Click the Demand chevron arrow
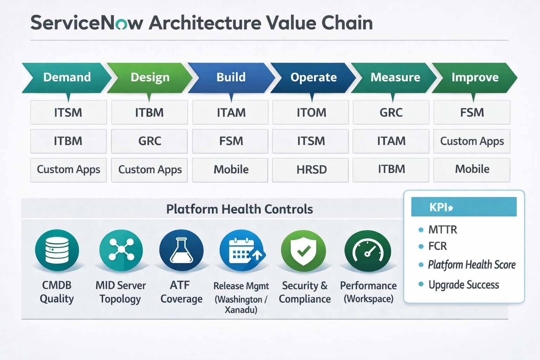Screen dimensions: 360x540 click(x=67, y=77)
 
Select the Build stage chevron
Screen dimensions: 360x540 click(x=231, y=77)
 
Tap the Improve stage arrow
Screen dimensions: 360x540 click(x=475, y=77)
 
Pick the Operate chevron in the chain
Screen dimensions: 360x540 click(x=313, y=77)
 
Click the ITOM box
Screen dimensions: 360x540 click(x=311, y=112)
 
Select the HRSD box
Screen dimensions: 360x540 click(x=311, y=170)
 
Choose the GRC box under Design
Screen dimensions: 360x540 click(x=149, y=141)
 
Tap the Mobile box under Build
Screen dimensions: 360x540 click(x=231, y=170)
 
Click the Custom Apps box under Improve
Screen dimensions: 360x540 click(x=472, y=141)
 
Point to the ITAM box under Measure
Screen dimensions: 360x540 click(x=391, y=141)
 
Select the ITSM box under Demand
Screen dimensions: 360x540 click(x=68, y=112)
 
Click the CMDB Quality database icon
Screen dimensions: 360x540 click(x=57, y=250)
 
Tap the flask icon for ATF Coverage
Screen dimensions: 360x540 click(x=181, y=250)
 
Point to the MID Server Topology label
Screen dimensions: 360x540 click(x=121, y=292)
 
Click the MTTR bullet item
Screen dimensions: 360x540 click(x=442, y=230)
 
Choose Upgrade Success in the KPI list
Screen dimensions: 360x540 click(x=463, y=285)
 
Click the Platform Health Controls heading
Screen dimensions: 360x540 click(x=239, y=209)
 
